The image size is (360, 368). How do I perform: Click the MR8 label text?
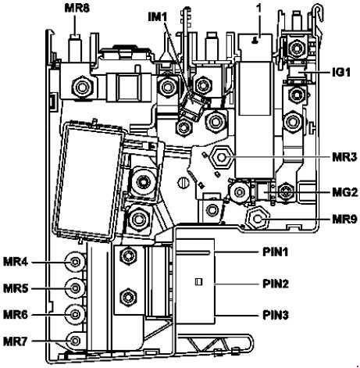pos(77,8)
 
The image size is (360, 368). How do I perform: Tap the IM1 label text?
pos(158,17)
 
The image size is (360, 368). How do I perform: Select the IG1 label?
pos(341,73)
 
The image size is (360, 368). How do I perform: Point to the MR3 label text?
pos(345,157)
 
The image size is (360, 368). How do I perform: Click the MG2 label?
pos(345,192)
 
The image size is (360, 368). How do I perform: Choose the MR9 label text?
pos(345,220)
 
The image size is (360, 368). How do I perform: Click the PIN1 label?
pos(276,252)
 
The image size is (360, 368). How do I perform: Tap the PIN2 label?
pos(276,284)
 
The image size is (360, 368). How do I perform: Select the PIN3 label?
pos(276,315)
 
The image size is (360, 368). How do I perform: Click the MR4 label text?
pos(16,262)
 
